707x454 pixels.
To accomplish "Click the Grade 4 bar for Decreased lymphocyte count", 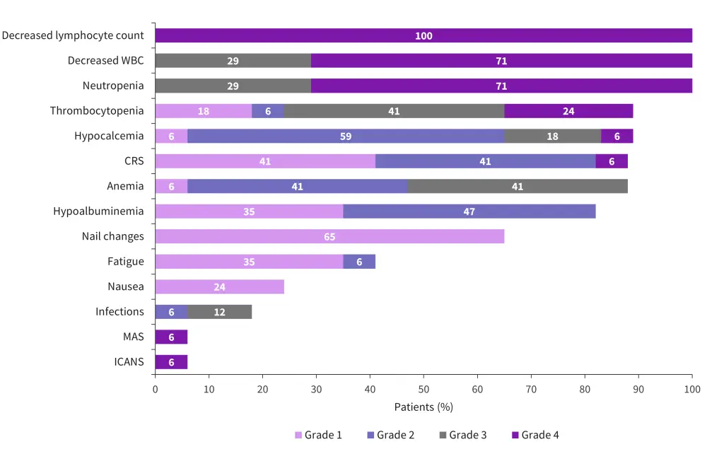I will coord(423,35).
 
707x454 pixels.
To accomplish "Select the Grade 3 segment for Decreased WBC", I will coord(233,61).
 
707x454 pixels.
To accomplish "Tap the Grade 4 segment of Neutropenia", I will coord(501,86).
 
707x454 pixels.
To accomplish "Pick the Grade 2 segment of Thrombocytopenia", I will coord(268,111).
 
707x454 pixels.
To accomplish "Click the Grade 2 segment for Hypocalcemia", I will coord(346,136).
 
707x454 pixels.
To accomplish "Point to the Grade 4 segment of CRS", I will coord(612,161).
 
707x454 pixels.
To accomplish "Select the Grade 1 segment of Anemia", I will coord(171,186).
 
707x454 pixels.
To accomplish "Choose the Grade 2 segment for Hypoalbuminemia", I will coord(469,211).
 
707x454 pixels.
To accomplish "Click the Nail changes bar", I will coord(329,236).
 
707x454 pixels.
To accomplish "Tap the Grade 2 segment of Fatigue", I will coord(359,262).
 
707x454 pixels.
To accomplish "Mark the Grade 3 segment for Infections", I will coord(219,312).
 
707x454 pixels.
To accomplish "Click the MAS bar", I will coord(171,337).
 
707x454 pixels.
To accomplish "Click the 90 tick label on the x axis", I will coord(638,390).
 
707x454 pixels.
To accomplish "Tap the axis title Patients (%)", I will coord(423,407).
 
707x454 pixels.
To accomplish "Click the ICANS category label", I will coord(129,362).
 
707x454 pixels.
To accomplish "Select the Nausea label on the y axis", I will coord(126,286).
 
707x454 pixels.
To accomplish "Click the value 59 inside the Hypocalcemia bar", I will coord(346,136).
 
